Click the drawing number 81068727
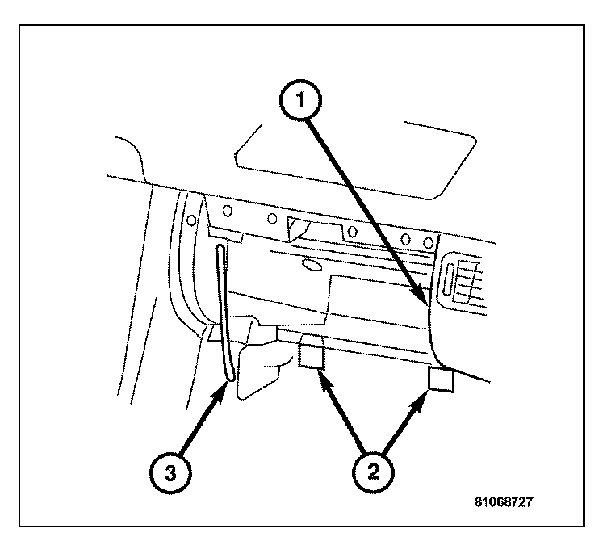(x=504, y=501)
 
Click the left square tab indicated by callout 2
(x=312, y=355)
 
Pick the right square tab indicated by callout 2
(x=442, y=380)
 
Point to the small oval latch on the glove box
(x=311, y=263)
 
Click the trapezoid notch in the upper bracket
(x=299, y=228)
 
